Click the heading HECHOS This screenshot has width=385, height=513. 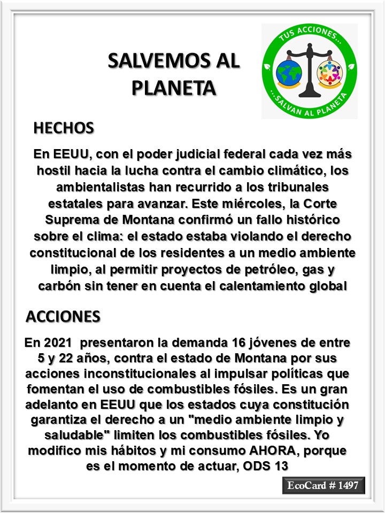coord(64,128)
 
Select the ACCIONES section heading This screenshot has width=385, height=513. coord(63,316)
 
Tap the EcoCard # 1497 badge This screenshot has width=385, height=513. coord(324,486)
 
